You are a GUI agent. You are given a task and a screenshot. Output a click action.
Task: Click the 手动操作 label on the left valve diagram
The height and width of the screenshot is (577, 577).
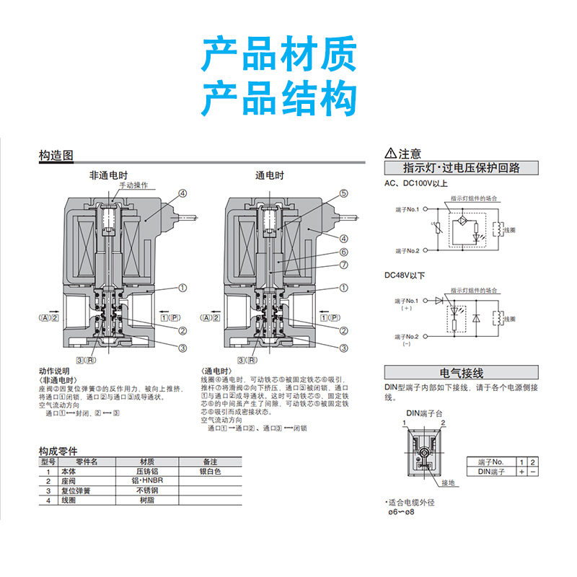[x=133, y=185]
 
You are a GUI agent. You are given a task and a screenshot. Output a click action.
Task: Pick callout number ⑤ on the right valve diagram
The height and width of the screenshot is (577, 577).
[x=344, y=193]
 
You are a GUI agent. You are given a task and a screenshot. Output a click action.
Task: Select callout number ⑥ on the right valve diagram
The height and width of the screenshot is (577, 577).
[x=344, y=252]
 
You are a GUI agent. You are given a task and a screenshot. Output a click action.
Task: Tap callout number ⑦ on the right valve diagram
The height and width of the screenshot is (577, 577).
[x=344, y=265]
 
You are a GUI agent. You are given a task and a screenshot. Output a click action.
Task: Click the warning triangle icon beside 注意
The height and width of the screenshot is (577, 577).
[x=391, y=154]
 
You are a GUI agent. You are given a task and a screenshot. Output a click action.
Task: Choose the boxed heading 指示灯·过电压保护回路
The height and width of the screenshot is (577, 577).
[x=462, y=168]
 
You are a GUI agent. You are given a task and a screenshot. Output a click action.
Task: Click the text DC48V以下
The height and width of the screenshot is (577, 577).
[x=405, y=275]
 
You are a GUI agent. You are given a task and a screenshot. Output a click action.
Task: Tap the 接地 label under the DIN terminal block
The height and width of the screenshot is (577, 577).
[x=449, y=483]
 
